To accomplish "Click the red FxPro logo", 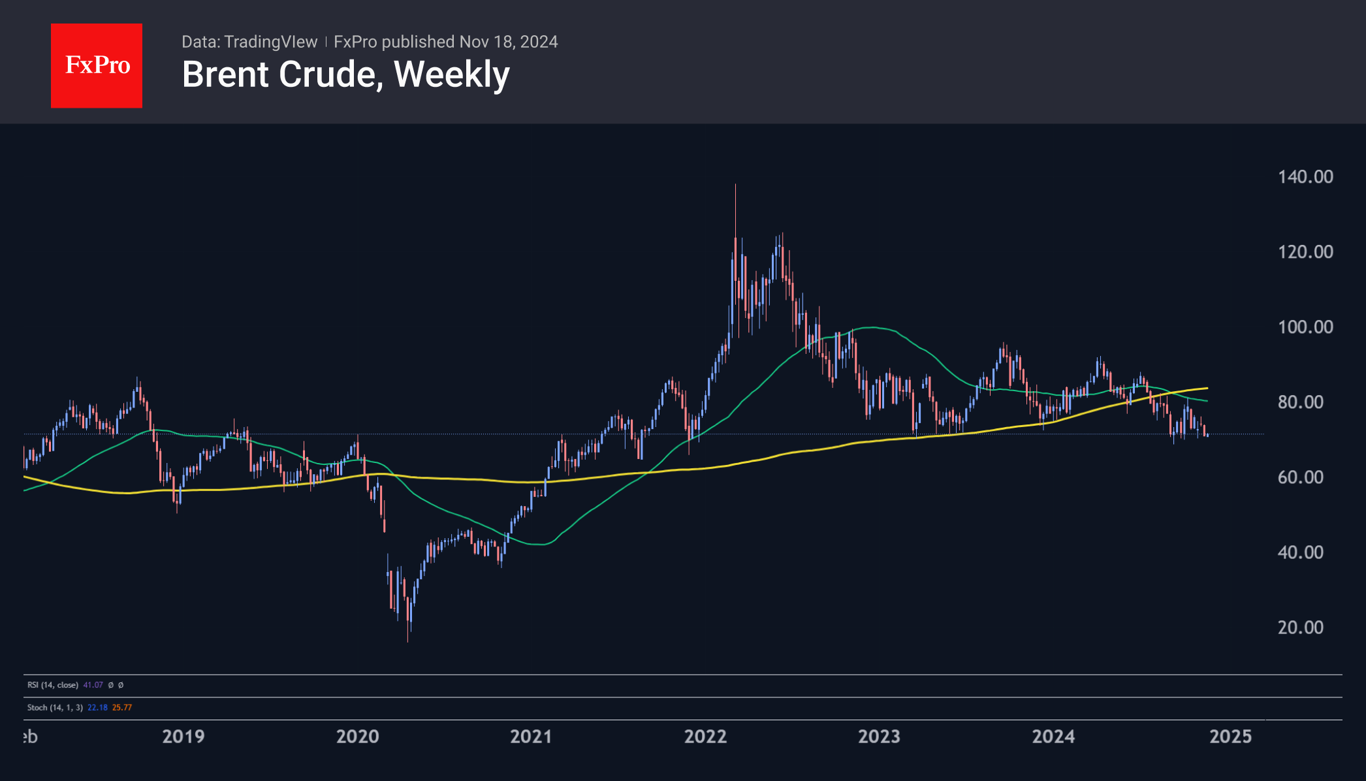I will [97, 65].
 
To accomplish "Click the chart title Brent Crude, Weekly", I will [345, 74].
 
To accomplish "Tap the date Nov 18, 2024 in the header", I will [509, 42].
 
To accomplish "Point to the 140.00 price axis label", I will [1305, 177].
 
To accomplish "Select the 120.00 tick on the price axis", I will [1305, 252].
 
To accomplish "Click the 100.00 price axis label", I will [1305, 327].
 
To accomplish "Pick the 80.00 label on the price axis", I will [1300, 402].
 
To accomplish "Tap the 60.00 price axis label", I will [1300, 477].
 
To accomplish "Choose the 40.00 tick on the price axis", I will [1300, 552].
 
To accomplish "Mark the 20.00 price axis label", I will [1300, 628].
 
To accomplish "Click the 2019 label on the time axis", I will [183, 737].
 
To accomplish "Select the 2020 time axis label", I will [357, 737].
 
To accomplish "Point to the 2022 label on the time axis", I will [705, 737].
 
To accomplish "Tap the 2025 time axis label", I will [1230, 737].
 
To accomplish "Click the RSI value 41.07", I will [93, 685].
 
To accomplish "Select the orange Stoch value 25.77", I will [122, 707].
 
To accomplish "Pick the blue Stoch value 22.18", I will [97, 707].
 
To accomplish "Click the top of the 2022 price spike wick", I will [735, 185].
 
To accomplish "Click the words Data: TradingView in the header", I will [249, 42].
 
